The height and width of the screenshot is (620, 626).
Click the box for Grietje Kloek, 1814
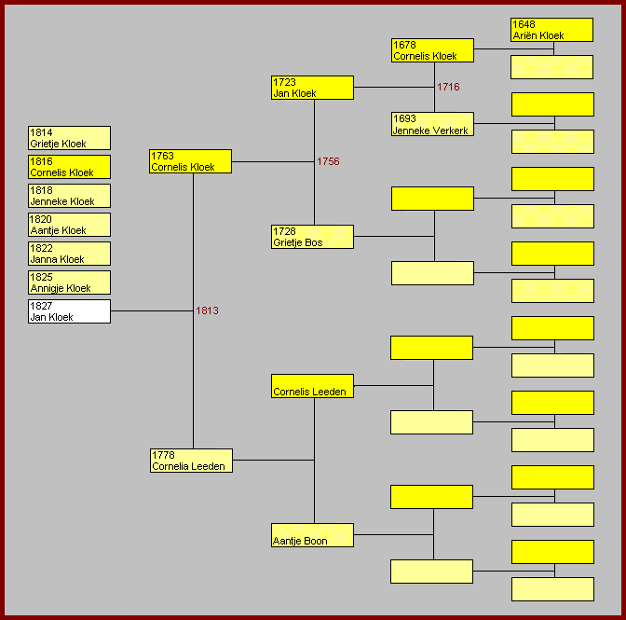[69, 138]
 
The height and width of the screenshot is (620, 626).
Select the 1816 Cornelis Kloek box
[69, 167]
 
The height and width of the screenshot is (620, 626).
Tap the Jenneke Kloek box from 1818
[69, 196]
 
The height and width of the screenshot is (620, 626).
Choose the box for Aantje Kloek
[69, 225]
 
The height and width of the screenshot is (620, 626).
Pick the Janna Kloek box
[69, 254]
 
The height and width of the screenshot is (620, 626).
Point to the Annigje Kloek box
[69, 282]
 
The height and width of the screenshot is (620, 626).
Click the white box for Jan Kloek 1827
[69, 311]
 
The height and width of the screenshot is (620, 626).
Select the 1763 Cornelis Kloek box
[190, 161]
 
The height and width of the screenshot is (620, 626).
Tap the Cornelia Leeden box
[191, 461]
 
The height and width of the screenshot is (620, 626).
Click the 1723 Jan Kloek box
[312, 88]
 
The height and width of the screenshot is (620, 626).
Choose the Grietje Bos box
[312, 237]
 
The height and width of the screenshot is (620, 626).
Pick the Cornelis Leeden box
[312, 386]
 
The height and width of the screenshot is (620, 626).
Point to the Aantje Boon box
[312, 535]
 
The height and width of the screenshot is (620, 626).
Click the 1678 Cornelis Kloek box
[432, 50]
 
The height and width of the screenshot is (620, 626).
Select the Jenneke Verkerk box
[432, 124]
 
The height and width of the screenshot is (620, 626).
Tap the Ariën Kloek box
[551, 30]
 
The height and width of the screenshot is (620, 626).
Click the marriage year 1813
[207, 310]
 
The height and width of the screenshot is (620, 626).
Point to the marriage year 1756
[328, 161]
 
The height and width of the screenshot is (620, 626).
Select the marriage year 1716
[448, 87]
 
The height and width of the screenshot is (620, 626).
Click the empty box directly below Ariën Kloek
[551, 67]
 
